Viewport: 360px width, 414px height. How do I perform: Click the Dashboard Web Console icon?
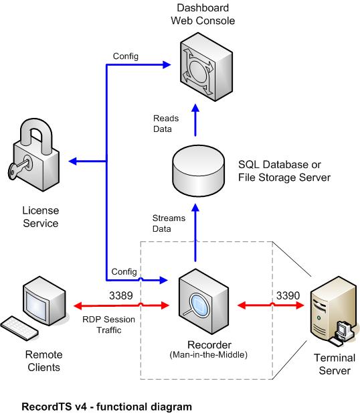coord(206,66)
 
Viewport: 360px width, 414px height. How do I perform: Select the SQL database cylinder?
coord(198,171)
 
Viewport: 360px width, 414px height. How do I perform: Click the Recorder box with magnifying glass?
coord(203,301)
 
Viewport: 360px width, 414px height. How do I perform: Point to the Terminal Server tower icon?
coord(334,311)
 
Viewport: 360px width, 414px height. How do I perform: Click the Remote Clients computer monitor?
coord(44,301)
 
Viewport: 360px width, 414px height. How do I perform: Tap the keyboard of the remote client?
coord(19,328)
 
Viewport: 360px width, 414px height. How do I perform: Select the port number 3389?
coord(121,295)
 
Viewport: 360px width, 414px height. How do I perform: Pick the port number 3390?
coord(288,295)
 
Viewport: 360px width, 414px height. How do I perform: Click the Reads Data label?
coord(166,123)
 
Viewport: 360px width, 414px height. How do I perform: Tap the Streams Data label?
coord(169,223)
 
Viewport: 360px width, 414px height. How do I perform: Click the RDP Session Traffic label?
coord(108,325)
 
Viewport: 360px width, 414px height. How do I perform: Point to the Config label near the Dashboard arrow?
coord(126,56)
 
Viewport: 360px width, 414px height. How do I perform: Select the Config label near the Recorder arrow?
coord(124,272)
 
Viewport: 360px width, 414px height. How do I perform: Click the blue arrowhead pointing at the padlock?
coord(72,161)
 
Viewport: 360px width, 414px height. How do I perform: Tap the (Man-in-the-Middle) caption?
coord(208,354)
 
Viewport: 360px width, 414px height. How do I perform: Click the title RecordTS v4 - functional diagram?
coord(107,407)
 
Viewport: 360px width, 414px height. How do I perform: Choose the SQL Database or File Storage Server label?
coord(284,171)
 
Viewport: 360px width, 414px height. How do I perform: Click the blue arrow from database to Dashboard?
coord(195,120)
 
